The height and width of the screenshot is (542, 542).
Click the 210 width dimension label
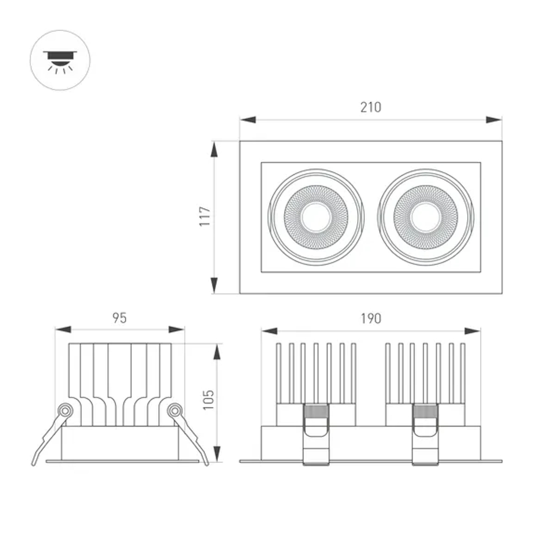pos(371,107)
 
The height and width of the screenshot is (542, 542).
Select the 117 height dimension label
pos(205,217)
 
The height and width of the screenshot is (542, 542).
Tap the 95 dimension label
pos(120,318)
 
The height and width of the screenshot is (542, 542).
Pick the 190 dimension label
pos(371,318)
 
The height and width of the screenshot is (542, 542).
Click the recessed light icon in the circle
pos(60,60)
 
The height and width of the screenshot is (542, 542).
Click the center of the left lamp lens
pos(316,217)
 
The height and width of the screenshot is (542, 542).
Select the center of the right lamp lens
pos(425,217)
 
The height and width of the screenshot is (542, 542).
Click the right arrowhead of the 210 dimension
pos(494,120)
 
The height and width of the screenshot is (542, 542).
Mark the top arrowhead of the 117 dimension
pos(215,149)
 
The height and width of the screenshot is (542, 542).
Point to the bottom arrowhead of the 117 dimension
pos(215,286)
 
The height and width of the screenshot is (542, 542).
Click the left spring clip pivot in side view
pos(65,410)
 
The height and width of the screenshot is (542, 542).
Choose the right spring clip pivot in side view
pos(175,410)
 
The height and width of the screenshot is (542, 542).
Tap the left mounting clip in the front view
pos(316,434)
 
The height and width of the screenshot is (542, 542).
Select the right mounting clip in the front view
pos(425,434)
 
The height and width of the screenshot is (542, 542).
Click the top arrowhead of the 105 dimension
pos(217,351)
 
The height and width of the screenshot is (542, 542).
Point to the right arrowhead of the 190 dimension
pos(473,331)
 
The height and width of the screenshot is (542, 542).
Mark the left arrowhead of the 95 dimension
pos(63,330)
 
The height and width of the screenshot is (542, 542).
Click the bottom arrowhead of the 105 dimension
pos(217,454)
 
